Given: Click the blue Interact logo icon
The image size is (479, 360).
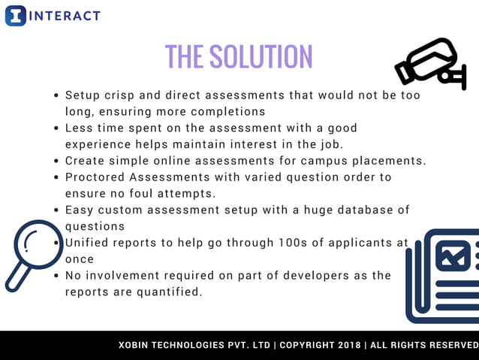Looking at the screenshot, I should [x=15, y=16].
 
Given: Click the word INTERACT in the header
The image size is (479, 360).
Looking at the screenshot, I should [x=65, y=16].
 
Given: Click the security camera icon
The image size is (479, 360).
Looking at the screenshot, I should [x=431, y=63].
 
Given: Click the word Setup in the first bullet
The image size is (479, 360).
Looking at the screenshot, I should [x=83, y=95].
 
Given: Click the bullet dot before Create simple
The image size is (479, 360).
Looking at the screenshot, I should [x=57, y=161].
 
